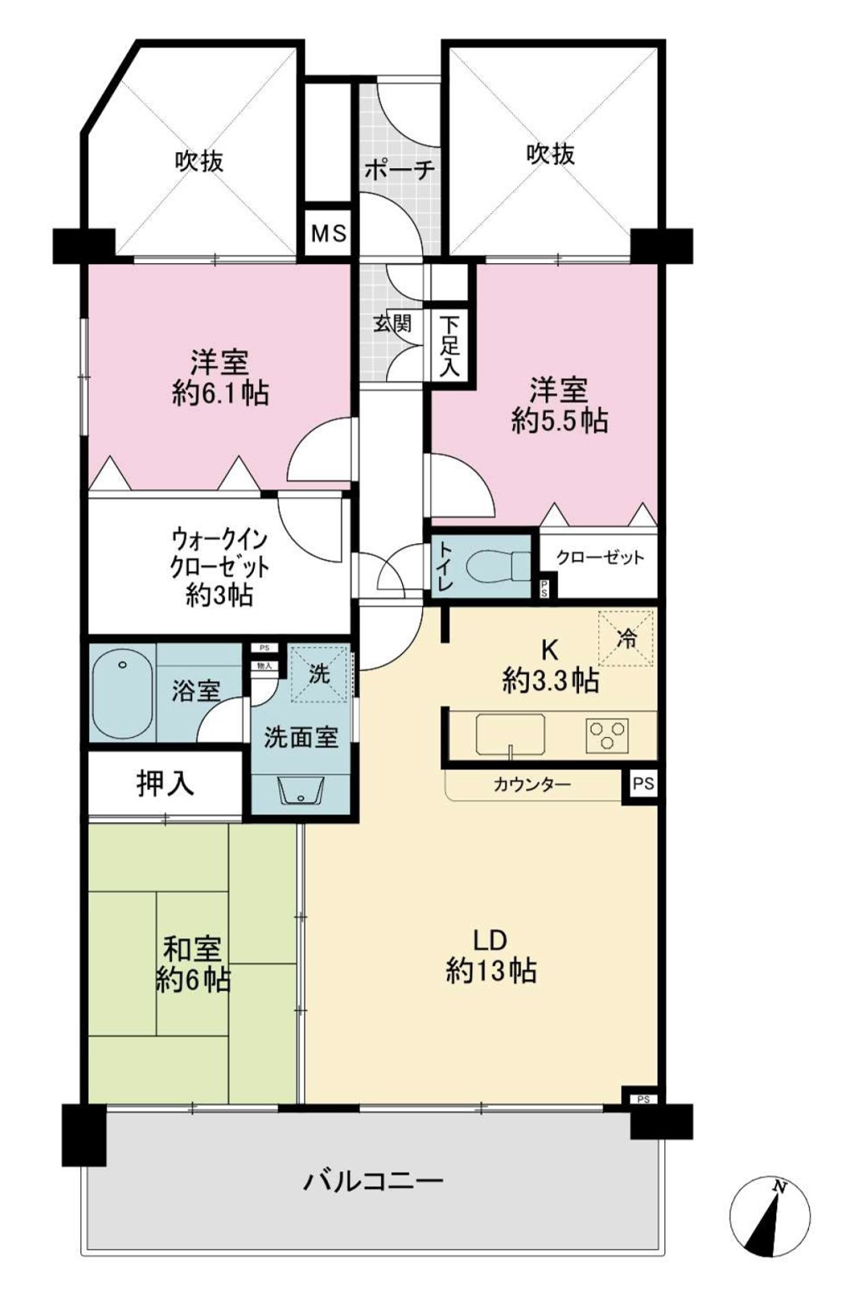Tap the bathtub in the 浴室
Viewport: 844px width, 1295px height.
click(x=122, y=693)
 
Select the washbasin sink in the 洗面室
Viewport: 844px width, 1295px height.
click(x=300, y=789)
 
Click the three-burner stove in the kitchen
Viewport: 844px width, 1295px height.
click(x=607, y=734)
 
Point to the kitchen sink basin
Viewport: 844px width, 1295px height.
click(x=510, y=733)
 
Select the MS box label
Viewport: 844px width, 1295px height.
click(x=328, y=234)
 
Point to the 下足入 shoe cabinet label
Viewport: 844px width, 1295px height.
click(x=450, y=345)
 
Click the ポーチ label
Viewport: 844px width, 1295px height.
click(x=399, y=170)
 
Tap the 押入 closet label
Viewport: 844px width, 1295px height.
click(x=165, y=784)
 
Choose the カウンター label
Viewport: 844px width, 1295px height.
click(x=531, y=784)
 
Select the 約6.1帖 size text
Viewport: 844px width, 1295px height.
click(x=221, y=394)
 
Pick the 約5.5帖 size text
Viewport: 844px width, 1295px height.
click(x=559, y=421)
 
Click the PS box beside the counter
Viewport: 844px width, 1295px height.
click(x=643, y=784)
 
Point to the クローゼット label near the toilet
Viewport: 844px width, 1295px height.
click(x=599, y=557)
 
